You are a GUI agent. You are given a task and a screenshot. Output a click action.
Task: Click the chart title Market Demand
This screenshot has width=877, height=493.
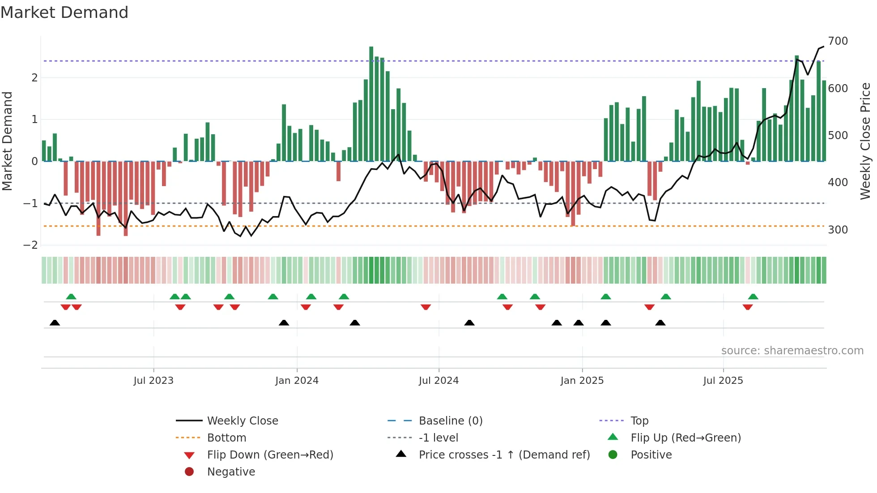pyautogui.click(x=64, y=13)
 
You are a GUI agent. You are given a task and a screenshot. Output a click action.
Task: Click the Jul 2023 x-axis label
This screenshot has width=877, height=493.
pyautogui.click(x=153, y=381)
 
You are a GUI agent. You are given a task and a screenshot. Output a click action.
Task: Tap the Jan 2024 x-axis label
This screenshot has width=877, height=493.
pyautogui.click(x=297, y=381)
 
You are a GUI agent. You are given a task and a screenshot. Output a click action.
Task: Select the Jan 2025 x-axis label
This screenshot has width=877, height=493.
pyautogui.click(x=582, y=381)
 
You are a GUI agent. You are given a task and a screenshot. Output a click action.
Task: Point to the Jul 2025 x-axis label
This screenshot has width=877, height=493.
pyautogui.click(x=723, y=381)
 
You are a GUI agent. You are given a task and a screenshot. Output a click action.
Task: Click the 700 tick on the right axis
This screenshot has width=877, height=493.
pyautogui.click(x=838, y=41)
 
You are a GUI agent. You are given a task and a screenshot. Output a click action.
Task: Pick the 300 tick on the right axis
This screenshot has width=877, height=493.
pyautogui.click(x=838, y=230)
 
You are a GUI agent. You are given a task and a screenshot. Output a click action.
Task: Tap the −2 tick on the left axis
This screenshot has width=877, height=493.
pyautogui.click(x=30, y=245)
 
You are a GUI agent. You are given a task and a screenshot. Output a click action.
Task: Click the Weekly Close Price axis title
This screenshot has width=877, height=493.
pyautogui.click(x=865, y=141)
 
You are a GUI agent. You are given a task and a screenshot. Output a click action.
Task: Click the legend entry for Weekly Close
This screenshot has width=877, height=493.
pyautogui.click(x=242, y=421)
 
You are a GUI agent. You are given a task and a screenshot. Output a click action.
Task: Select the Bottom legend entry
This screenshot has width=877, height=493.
pyautogui.click(x=226, y=438)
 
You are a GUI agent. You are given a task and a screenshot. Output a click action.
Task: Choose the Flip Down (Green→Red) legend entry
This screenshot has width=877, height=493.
pyautogui.click(x=270, y=455)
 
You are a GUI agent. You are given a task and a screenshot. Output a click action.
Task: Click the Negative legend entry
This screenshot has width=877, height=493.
pyautogui.click(x=231, y=472)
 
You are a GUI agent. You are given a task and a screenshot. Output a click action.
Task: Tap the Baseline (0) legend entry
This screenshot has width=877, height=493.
pyautogui.click(x=450, y=421)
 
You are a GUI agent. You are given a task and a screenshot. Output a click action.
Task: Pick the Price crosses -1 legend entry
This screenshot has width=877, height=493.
pyautogui.click(x=504, y=455)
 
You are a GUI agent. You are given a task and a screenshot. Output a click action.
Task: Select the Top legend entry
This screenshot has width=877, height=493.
pyautogui.click(x=639, y=421)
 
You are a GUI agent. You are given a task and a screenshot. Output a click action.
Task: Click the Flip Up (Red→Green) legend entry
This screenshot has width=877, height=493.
pyautogui.click(x=685, y=438)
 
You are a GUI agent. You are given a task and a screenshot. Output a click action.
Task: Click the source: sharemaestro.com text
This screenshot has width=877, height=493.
pyautogui.click(x=792, y=351)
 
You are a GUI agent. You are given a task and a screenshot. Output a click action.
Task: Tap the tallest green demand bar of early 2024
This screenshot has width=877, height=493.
pyautogui.click(x=371, y=104)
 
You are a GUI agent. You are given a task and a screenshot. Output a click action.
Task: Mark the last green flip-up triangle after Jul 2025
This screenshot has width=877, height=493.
pyautogui.click(x=753, y=297)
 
